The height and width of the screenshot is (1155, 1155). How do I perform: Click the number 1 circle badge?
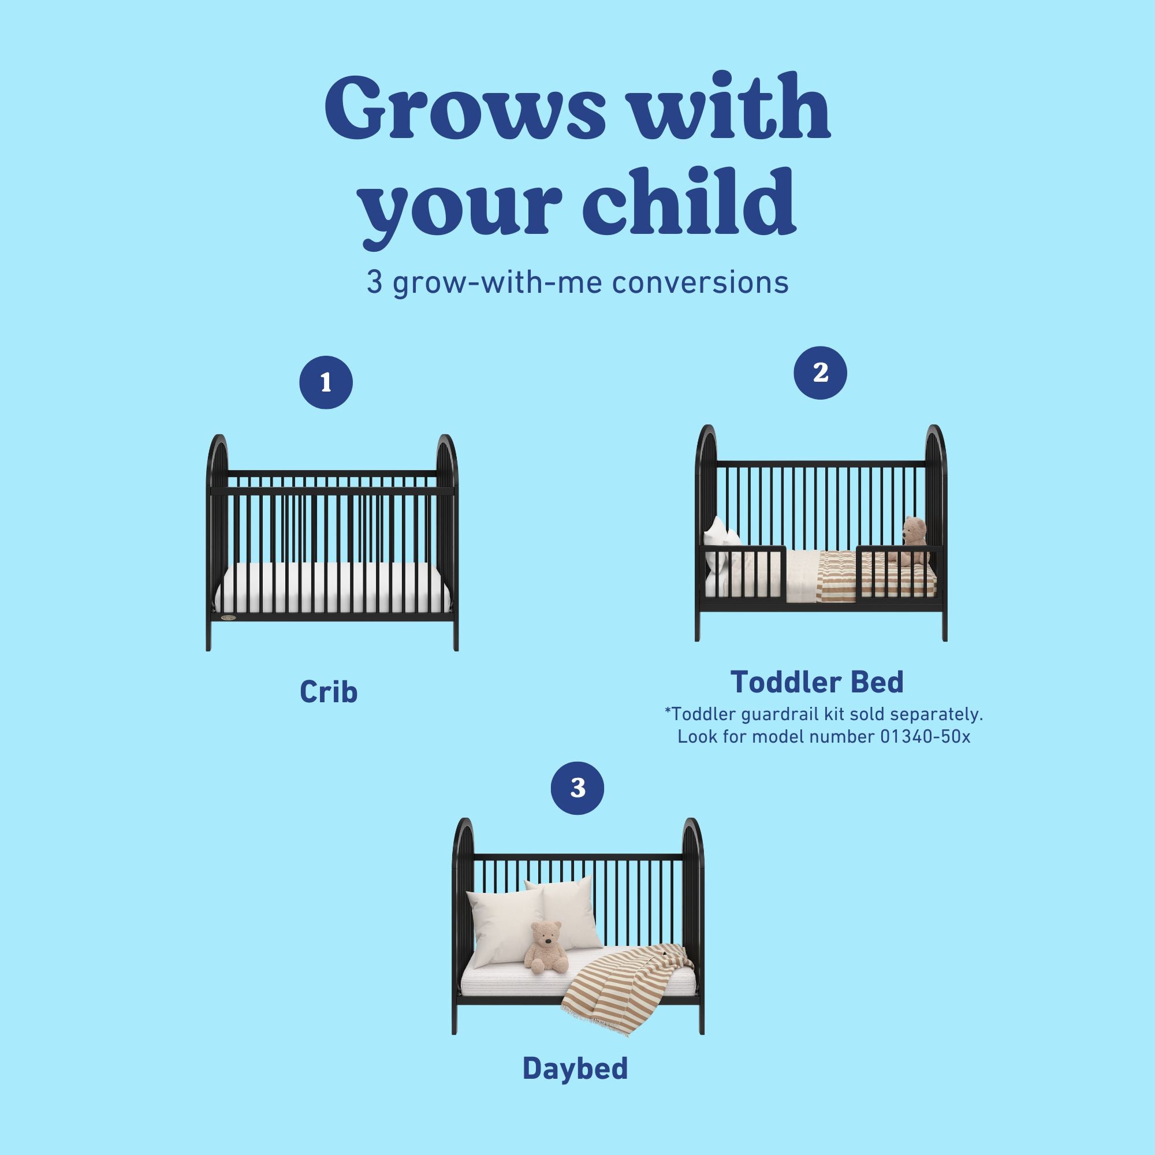pyautogui.click(x=326, y=383)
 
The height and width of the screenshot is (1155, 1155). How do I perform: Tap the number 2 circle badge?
pyautogui.click(x=820, y=373)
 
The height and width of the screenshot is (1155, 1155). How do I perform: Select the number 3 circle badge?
pyautogui.click(x=577, y=788)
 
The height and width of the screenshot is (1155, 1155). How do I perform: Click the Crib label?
pyautogui.click(x=328, y=692)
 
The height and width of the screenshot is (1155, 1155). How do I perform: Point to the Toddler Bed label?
pyautogui.click(x=817, y=682)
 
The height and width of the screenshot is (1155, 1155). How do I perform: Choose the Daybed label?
pyautogui.click(x=575, y=1068)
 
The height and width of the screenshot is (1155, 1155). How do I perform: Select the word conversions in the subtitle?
pyautogui.click(x=700, y=283)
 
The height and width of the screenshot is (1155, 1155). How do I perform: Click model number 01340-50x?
pyautogui.click(x=925, y=736)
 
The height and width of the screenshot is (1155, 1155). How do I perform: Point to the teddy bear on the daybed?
pyautogui.click(x=545, y=948)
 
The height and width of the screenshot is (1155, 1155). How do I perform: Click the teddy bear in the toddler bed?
pyautogui.click(x=914, y=539)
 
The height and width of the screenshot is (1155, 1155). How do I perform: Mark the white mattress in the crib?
pyautogui.click(x=332, y=589)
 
